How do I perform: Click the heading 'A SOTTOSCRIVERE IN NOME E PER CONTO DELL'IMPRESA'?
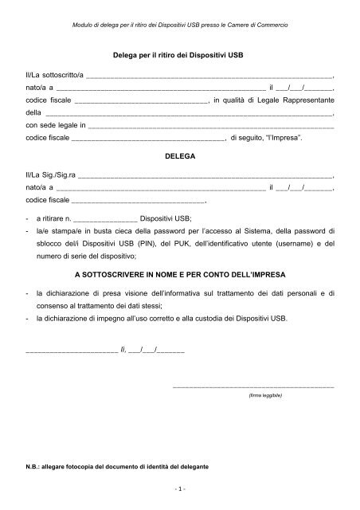179,273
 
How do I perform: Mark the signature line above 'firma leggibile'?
253,386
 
